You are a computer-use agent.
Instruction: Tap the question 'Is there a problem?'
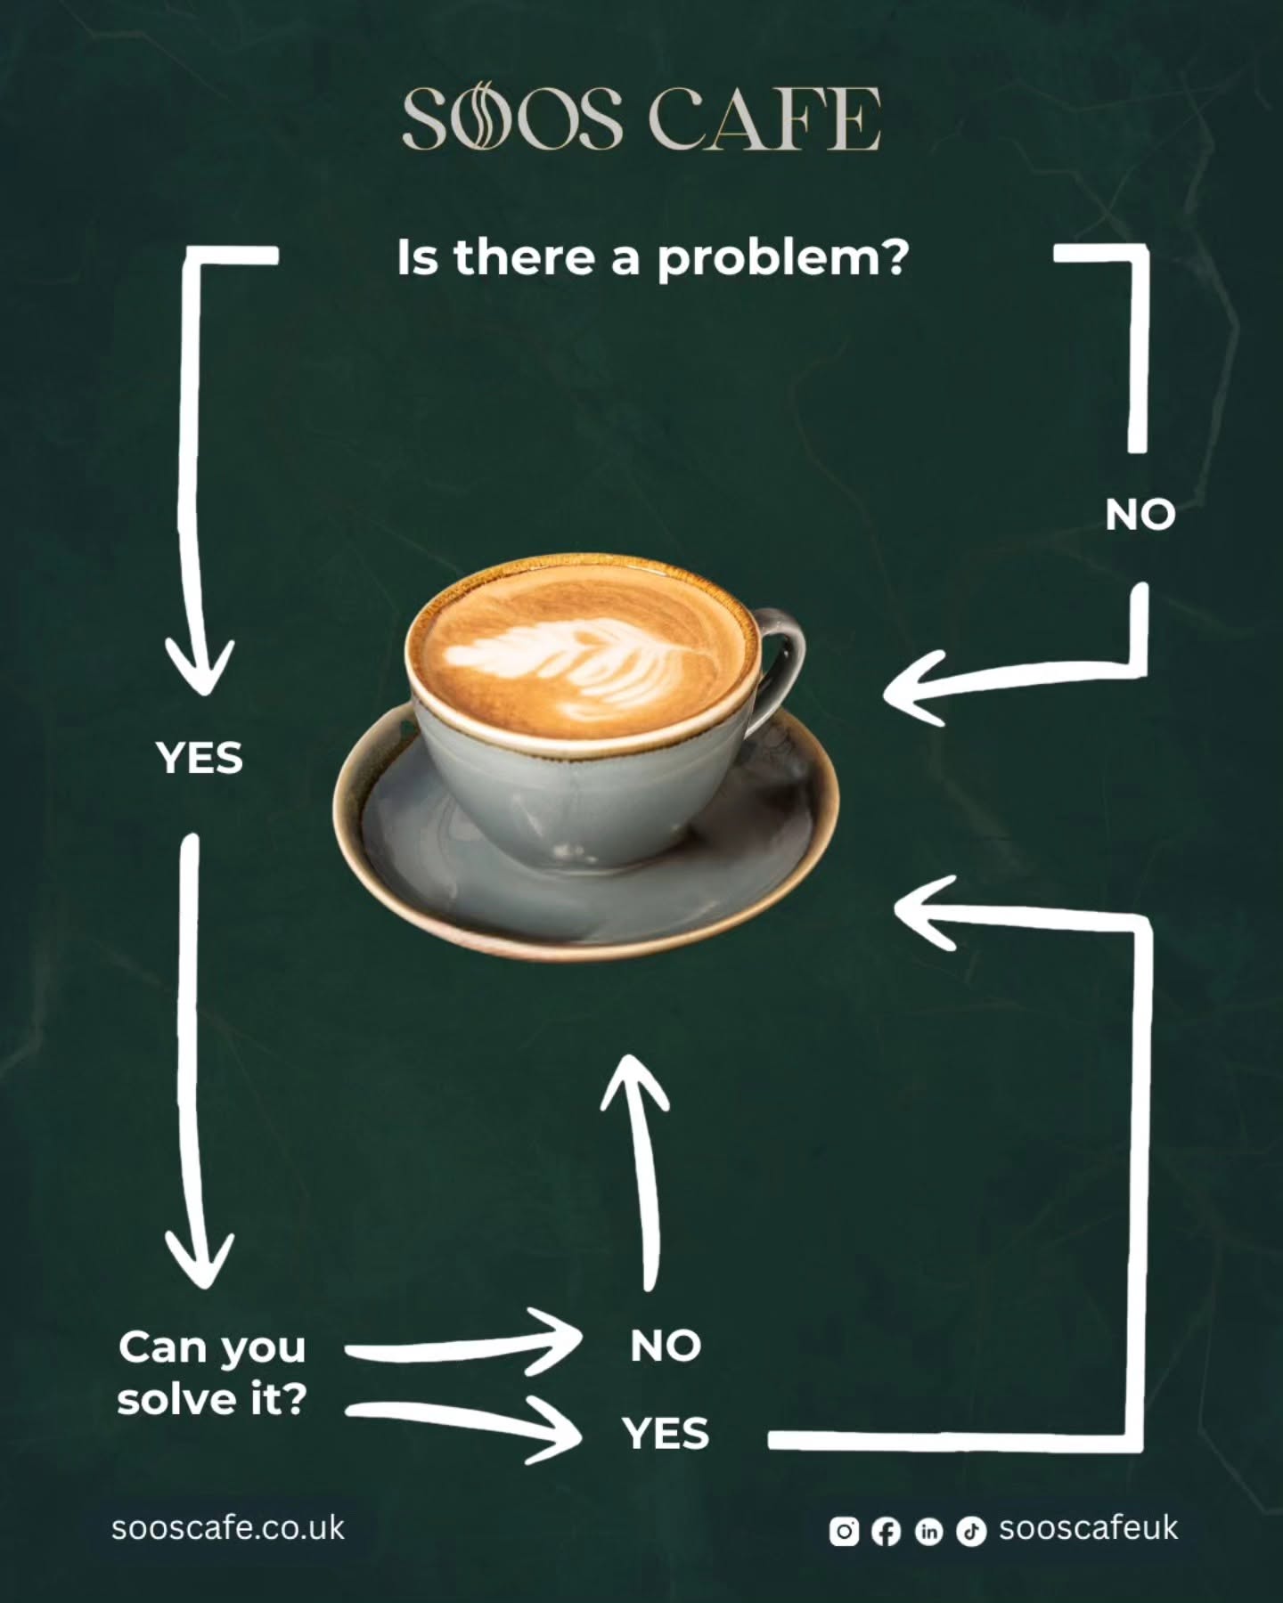[653, 258]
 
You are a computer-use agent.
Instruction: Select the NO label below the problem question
[1140, 515]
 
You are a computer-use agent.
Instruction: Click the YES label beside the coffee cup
[200, 759]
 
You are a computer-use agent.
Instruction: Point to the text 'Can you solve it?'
[212, 1373]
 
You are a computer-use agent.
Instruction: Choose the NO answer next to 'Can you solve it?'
[666, 1346]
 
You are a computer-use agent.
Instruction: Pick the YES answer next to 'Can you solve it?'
[666, 1433]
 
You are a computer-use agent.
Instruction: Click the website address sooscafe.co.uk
[228, 1527]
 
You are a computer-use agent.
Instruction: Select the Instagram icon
[844, 1531]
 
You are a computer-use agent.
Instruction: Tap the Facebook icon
[886, 1531]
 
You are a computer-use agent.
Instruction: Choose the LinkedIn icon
[928, 1531]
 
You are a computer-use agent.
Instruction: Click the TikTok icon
[971, 1531]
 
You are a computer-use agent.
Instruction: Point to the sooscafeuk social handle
[1089, 1527]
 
